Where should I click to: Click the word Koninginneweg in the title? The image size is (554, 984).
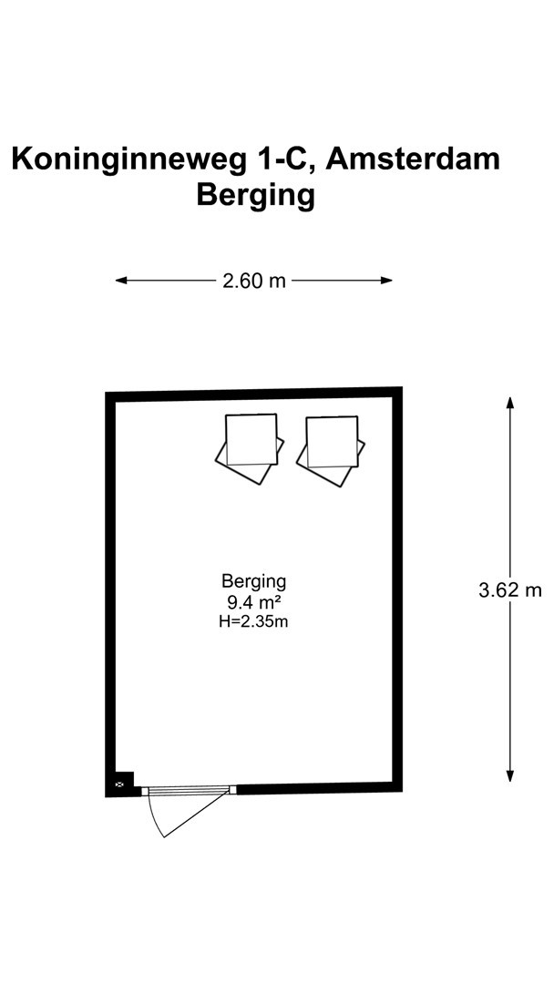pos(128,160)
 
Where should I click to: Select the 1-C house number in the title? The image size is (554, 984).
pos(283,159)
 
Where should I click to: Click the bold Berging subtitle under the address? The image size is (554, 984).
pos(255,197)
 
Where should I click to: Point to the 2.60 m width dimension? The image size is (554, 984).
pos(253,281)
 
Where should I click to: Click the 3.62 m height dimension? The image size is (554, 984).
pos(510,589)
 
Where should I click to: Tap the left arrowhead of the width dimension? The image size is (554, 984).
pos(121,281)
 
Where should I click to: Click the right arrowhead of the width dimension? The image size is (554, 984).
pos(386,281)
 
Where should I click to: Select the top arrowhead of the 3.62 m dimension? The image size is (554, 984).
pos(510,403)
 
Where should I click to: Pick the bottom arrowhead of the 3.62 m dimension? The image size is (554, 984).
pos(510,775)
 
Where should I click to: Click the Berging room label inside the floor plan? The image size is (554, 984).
pos(254,581)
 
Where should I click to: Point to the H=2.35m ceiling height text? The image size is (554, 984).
pos(254,622)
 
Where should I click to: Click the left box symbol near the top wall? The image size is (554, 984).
pos(250,448)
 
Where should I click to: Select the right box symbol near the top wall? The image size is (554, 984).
pos(331,451)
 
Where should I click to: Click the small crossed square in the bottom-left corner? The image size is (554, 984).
pos(120,784)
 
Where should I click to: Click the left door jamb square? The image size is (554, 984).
pos(145,791)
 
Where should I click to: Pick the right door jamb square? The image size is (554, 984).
pos(232,789)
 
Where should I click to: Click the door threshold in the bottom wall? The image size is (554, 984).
pos(189,790)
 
